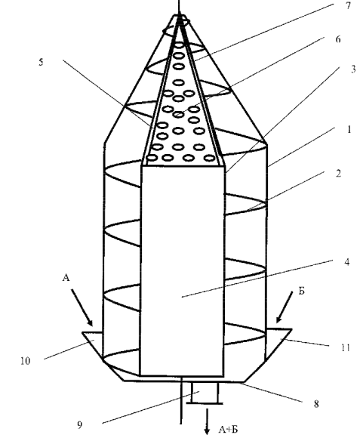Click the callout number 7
point(349,6)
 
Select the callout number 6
point(338,39)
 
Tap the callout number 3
point(353,69)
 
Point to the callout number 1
point(349,129)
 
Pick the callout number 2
point(338,174)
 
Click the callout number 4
point(346,262)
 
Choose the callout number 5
point(41,62)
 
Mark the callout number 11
point(345,347)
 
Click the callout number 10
point(25,361)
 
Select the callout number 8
point(316,404)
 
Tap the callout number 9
point(79,424)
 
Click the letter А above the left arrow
point(66,277)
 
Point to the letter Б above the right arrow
point(301,291)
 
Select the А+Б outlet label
point(228,430)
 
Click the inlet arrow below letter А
point(82,307)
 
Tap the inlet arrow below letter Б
point(284,307)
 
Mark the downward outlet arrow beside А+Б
point(207,421)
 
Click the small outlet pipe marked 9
point(205,393)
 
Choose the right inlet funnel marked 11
point(278,344)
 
